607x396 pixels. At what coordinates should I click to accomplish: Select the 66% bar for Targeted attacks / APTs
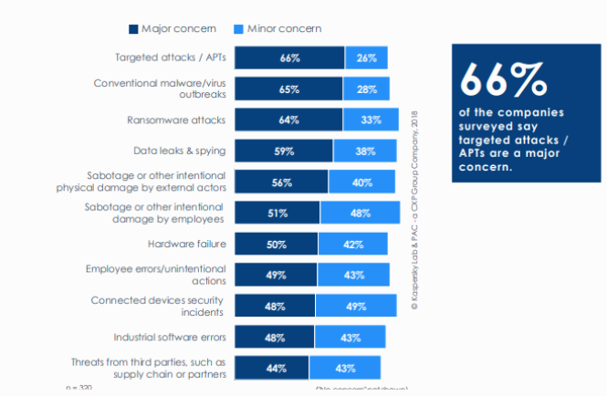[x=289, y=57]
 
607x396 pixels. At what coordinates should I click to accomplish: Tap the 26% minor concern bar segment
[x=365, y=57]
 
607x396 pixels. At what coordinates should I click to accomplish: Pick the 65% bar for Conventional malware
[x=288, y=89]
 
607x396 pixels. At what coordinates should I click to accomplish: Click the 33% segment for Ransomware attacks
[x=371, y=120]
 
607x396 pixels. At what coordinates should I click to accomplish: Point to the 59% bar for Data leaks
[x=284, y=151]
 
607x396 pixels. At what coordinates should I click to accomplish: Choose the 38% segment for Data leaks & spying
[x=364, y=151]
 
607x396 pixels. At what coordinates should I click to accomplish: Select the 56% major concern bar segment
[x=281, y=182]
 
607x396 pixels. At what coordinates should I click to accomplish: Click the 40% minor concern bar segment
[x=361, y=182]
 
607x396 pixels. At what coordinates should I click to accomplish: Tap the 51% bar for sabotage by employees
[x=277, y=213]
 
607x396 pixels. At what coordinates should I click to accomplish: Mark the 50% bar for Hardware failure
[x=277, y=244]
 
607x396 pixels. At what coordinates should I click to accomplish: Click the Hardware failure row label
[x=187, y=244]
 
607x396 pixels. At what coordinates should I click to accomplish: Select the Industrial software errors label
[x=171, y=337]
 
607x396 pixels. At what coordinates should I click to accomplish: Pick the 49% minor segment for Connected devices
[x=355, y=306]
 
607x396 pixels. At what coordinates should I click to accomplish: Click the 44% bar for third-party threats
[x=272, y=368]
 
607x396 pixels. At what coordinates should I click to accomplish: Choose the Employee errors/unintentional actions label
[x=156, y=275]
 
